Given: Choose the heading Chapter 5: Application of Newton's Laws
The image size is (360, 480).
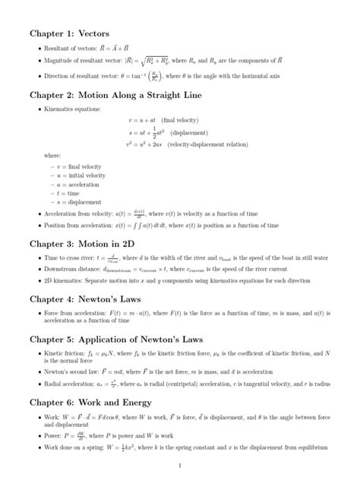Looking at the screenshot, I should (126, 339).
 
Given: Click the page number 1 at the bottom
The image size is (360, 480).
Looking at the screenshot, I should (179, 464).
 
